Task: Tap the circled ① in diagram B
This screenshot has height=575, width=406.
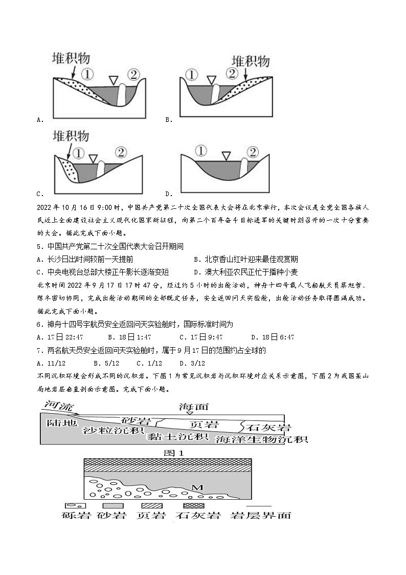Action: pyautogui.click(x=192, y=75)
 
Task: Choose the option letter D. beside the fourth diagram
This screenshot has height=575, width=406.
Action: pyautogui.click(x=168, y=194)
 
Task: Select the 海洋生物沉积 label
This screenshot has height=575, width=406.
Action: pyautogui.click(x=261, y=440)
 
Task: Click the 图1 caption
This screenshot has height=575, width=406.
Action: pyautogui.click(x=173, y=453)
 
